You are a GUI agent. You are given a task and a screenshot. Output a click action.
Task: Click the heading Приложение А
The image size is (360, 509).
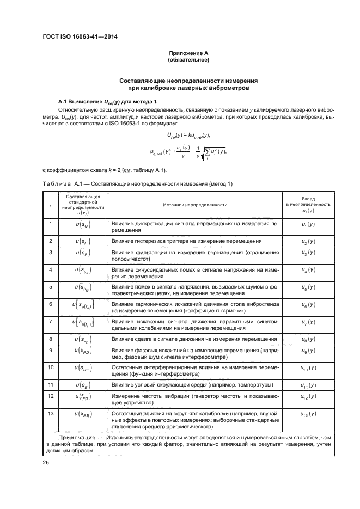pyautogui.click(x=188, y=53)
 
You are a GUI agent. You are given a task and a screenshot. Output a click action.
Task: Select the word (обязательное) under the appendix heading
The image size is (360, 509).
pyautogui.click(x=188, y=59)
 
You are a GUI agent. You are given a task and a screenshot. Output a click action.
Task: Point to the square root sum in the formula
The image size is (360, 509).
pyautogui.click(x=210, y=154)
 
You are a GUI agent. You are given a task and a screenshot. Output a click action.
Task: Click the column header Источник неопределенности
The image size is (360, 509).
pyautogui.click(x=194, y=205)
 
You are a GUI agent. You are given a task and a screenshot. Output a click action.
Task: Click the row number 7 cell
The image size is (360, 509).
pyautogui.click(x=50, y=321)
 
